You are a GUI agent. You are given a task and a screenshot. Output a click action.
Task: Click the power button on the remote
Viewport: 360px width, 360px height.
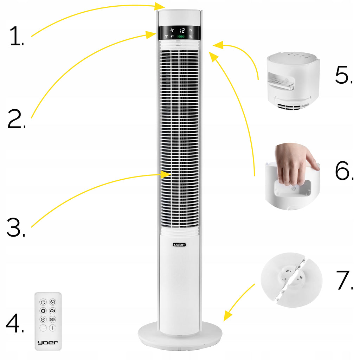tap(43, 302)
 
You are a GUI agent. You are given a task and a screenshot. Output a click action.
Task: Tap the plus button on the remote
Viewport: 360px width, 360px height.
tap(53, 328)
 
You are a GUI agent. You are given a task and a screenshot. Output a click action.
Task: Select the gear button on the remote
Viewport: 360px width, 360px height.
tap(43, 311)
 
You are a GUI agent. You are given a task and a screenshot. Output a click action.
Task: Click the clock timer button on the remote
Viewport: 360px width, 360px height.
tap(53, 302)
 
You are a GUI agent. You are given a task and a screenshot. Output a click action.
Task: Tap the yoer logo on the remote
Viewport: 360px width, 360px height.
tap(48, 342)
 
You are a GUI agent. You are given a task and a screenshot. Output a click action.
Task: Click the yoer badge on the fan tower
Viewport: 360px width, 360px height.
tap(179, 245)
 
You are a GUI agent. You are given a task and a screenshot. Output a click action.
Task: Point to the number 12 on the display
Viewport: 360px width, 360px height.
tap(182, 31)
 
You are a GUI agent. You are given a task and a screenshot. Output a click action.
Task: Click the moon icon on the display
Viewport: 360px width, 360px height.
tap(191, 36)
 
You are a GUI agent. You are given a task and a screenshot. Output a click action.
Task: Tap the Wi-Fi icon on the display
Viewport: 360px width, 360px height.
tap(166, 36)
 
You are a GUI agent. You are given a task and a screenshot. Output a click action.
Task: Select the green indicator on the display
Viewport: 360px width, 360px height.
tap(181, 37)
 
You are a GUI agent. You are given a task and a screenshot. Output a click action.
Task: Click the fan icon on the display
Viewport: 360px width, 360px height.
tap(172, 30)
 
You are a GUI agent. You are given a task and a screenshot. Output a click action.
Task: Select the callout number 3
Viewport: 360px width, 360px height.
tap(15, 227)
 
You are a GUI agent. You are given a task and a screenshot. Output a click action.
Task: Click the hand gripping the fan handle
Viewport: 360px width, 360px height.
tap(294, 163)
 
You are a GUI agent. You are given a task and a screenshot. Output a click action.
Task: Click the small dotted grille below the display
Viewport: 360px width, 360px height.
tap(179, 43)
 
